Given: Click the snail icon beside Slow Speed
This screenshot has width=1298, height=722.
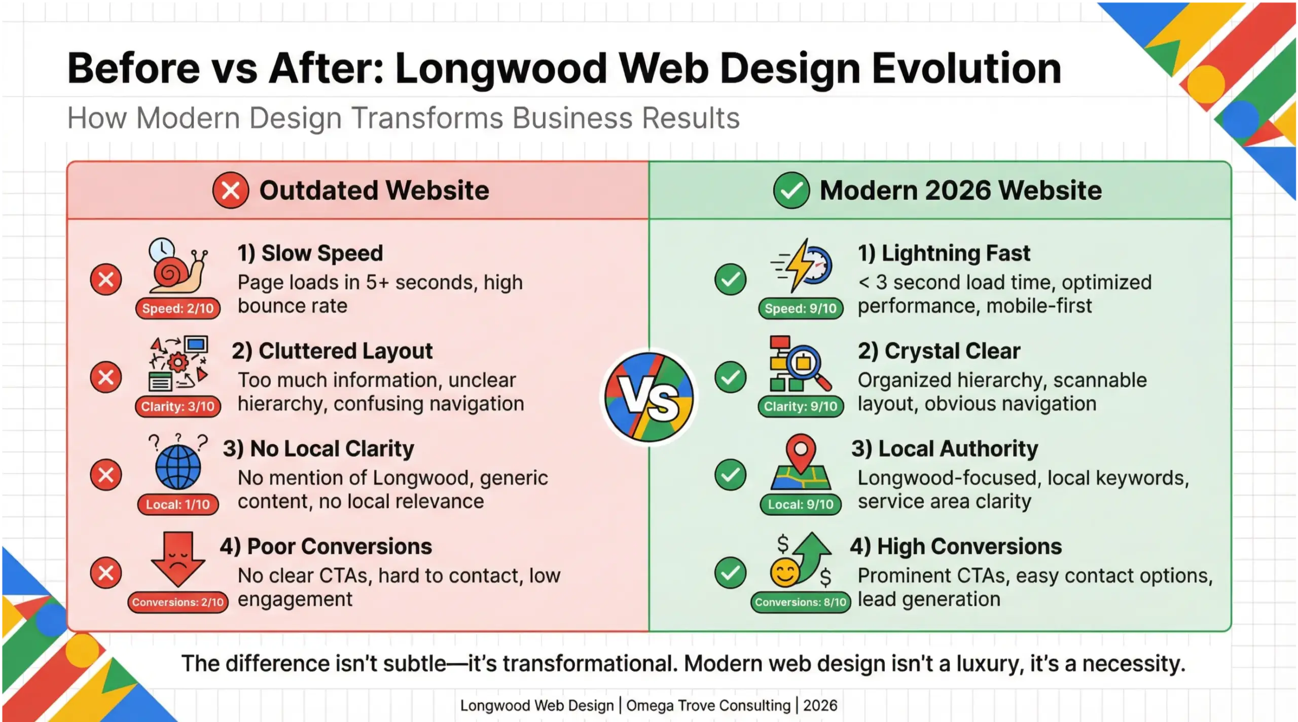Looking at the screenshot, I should click(x=177, y=269).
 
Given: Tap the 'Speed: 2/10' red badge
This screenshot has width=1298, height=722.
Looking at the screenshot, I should click(x=177, y=308).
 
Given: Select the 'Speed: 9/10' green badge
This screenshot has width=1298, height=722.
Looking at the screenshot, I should click(x=801, y=308).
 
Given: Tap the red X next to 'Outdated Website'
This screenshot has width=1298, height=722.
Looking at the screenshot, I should click(x=231, y=191).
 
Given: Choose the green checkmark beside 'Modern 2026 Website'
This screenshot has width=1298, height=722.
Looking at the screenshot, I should click(x=791, y=191).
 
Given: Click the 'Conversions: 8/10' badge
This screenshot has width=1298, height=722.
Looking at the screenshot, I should click(x=801, y=602).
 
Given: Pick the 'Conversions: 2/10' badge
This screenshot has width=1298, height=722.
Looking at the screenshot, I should click(x=178, y=602).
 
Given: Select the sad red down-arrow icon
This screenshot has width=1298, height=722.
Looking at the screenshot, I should click(x=178, y=557).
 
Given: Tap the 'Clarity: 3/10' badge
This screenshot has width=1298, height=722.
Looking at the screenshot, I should click(x=178, y=406).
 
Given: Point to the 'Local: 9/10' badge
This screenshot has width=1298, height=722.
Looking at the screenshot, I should click(x=801, y=504).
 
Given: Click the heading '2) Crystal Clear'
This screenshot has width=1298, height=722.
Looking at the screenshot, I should click(x=939, y=351).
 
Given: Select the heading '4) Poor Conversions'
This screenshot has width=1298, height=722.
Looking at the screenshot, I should click(x=326, y=546).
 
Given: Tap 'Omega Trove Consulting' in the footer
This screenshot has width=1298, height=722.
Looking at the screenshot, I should click(x=708, y=705).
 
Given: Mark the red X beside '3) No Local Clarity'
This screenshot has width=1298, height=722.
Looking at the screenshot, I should click(x=106, y=475).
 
